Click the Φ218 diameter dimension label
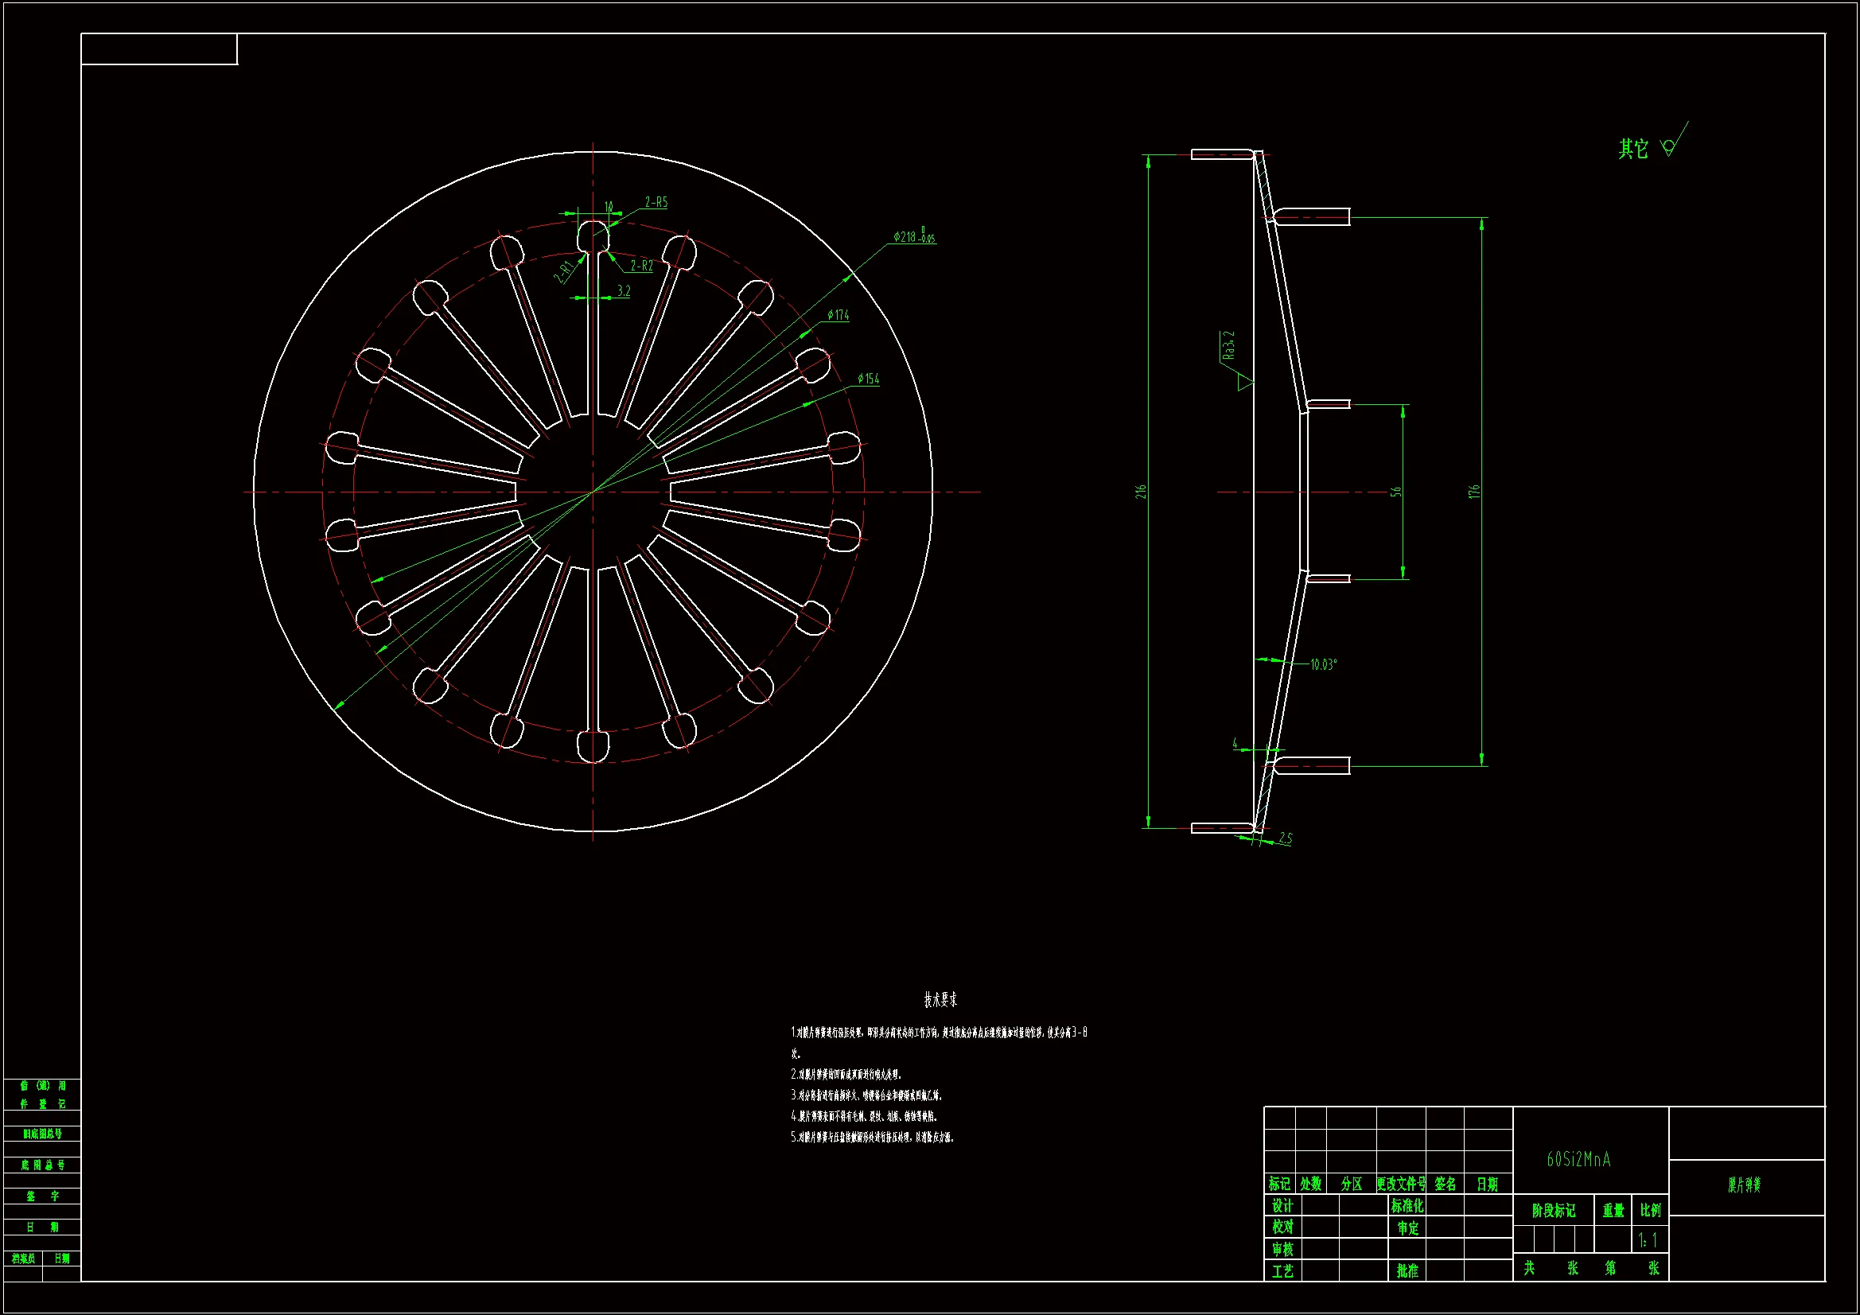pyautogui.click(x=914, y=236)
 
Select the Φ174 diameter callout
pyautogui.click(x=839, y=315)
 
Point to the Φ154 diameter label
pyautogui.click(x=869, y=379)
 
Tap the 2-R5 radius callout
pyautogui.click(x=656, y=203)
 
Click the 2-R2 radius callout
pyautogui.click(x=641, y=266)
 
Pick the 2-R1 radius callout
pyautogui.click(x=564, y=271)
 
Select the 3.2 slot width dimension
pyautogui.click(x=623, y=291)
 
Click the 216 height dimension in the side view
pyautogui.click(x=1141, y=492)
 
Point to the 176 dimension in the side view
pyautogui.click(x=1474, y=492)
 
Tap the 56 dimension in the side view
pyautogui.click(x=1396, y=492)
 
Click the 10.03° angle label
pyautogui.click(x=1324, y=665)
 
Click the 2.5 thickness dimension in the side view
pyautogui.click(x=1286, y=838)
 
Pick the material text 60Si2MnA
pyautogui.click(x=1579, y=1160)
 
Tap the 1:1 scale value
pyautogui.click(x=1648, y=1240)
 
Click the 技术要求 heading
pyautogui.click(x=940, y=1000)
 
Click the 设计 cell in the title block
pyautogui.click(x=1282, y=1207)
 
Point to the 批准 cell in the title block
pyautogui.click(x=1407, y=1271)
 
